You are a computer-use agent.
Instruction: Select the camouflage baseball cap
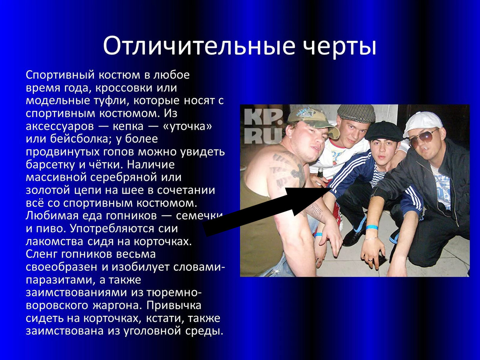pyautogui.click(x=310, y=116)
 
